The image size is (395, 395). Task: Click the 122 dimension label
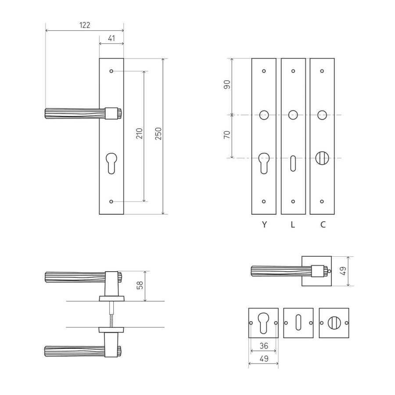[x=85, y=25]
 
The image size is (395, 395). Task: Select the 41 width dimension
[x=111, y=38]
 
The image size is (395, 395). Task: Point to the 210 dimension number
[x=139, y=133]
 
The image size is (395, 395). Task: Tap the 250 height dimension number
[x=158, y=133]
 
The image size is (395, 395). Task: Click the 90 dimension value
[x=227, y=84]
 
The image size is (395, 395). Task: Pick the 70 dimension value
[x=227, y=135]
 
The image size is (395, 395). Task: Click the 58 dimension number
[x=140, y=285]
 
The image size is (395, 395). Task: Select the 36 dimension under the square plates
[x=264, y=346]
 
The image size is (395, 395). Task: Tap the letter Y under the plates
[x=264, y=224]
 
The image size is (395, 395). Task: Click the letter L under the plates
[x=293, y=224]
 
